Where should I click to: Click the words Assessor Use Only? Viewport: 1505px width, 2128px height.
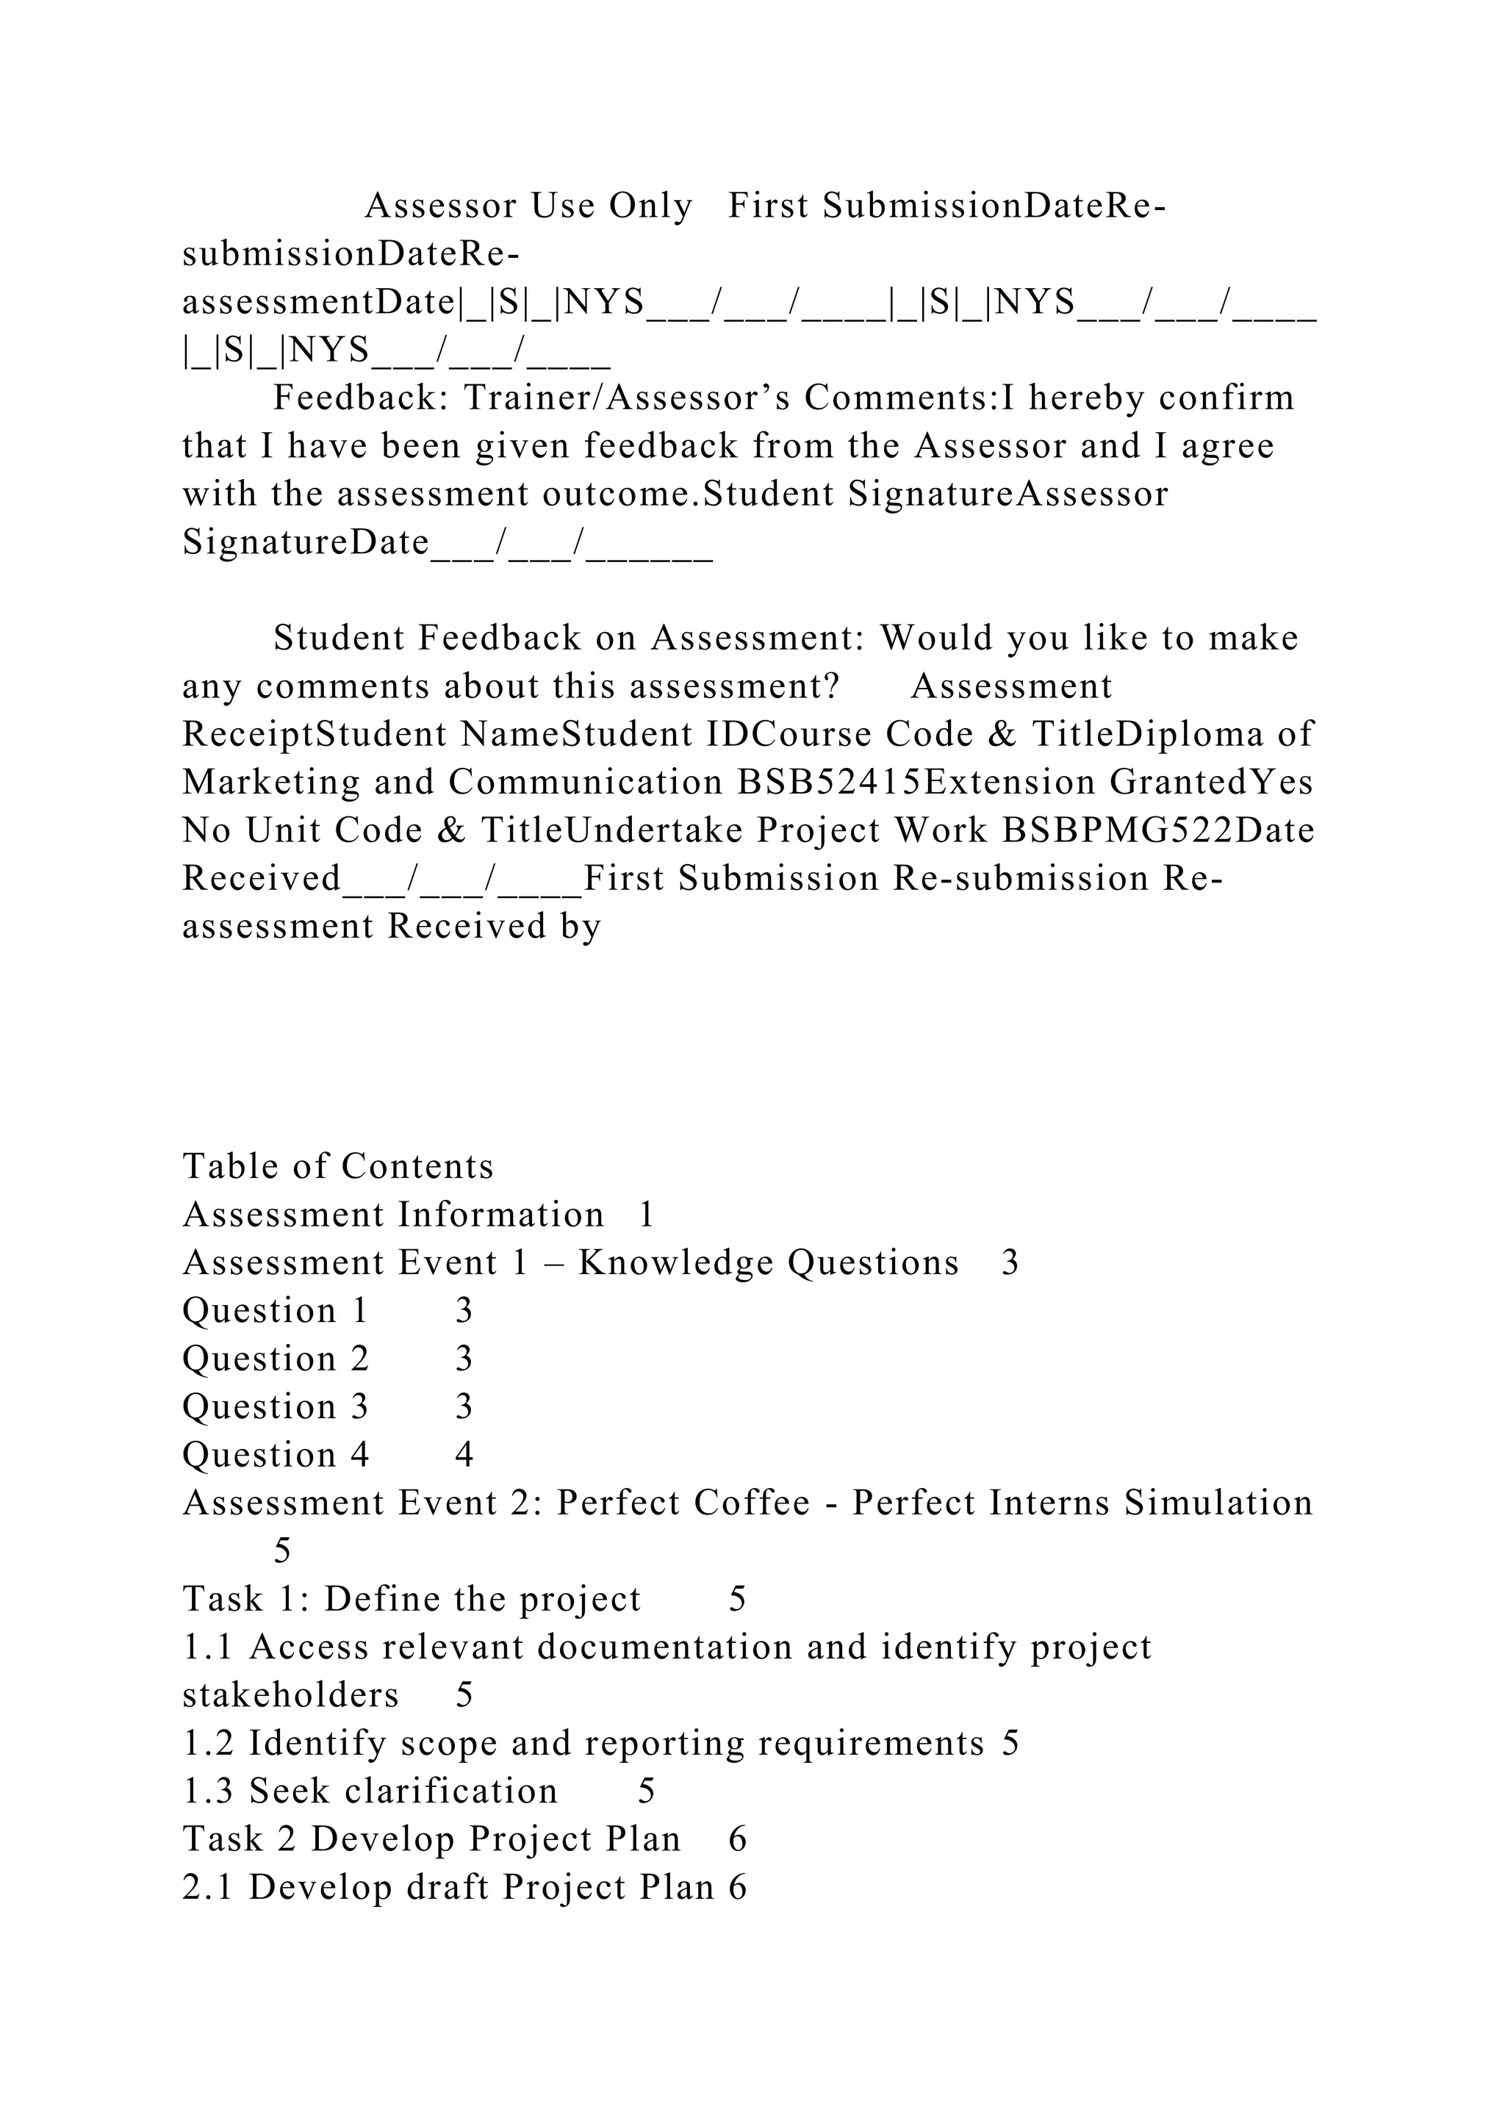click(x=528, y=206)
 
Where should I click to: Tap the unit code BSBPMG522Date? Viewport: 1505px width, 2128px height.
click(x=1158, y=830)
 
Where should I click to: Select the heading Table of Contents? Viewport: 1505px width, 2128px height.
click(x=338, y=1167)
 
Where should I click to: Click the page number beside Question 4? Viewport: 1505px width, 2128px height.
click(x=464, y=1455)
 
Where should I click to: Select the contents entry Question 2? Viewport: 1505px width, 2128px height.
click(x=276, y=1359)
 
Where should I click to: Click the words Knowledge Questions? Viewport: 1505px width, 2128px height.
click(x=768, y=1263)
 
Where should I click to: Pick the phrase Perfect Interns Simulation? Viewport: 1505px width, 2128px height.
click(x=1082, y=1503)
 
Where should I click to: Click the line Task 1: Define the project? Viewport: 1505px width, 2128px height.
click(x=412, y=1600)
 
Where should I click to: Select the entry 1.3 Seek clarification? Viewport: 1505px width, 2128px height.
click(x=370, y=1791)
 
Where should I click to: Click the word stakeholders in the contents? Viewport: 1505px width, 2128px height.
click(x=291, y=1695)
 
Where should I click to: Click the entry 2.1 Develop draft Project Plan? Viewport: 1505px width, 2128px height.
click(x=448, y=1888)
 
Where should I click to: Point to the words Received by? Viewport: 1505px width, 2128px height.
click(x=494, y=927)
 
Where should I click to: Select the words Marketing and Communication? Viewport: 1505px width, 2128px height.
click(x=452, y=783)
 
